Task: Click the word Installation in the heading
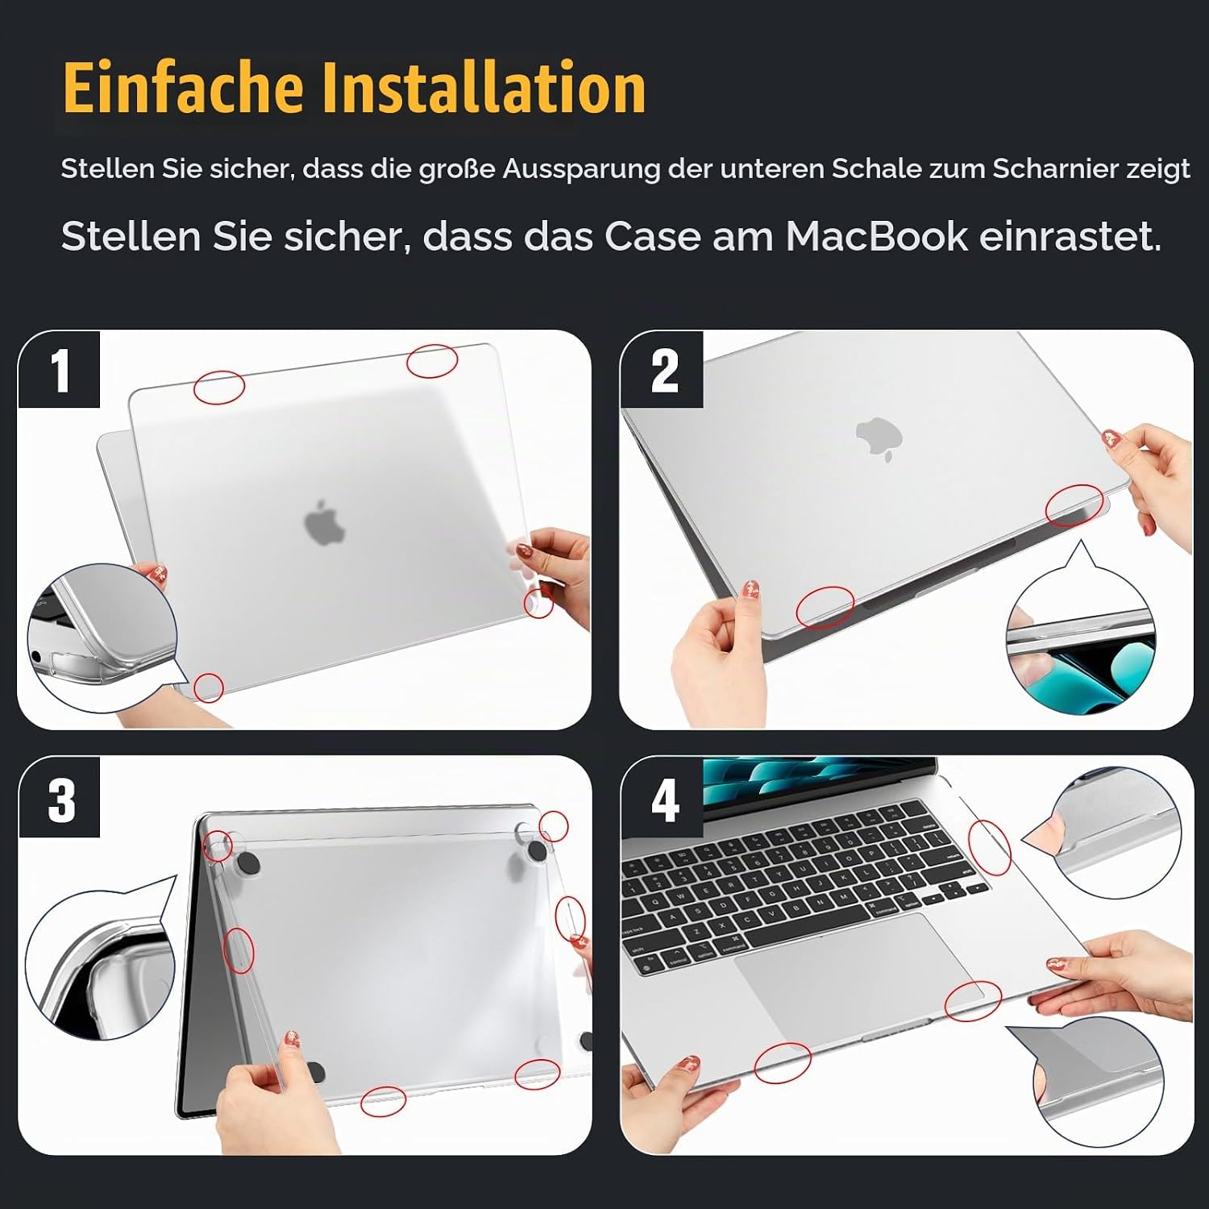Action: [x=484, y=87]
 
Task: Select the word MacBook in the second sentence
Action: [x=876, y=236]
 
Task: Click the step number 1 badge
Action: [x=60, y=370]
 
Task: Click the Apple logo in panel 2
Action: [x=879, y=438]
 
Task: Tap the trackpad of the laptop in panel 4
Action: [x=862, y=970]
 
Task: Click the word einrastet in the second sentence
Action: [x=1070, y=236]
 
